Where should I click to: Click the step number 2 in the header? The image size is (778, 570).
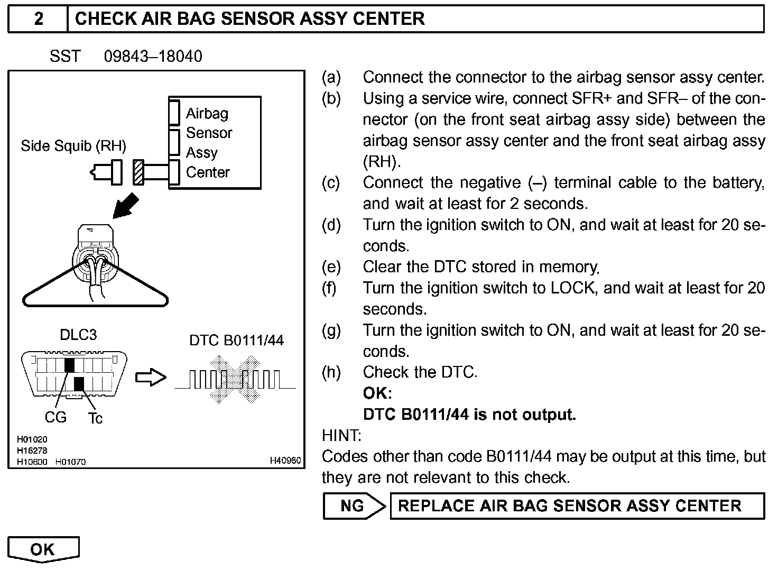[x=39, y=19]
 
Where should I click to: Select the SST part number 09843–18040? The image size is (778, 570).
[x=153, y=57]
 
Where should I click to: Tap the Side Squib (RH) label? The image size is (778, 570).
[x=73, y=146]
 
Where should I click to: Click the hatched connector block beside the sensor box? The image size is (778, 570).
[x=138, y=172]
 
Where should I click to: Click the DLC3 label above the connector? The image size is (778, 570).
[x=78, y=335]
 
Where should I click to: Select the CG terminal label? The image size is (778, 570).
[x=55, y=418]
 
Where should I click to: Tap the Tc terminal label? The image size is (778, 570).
[x=95, y=418]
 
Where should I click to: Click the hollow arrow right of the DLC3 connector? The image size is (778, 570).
[x=151, y=378]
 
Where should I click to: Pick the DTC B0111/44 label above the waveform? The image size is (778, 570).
[x=236, y=340]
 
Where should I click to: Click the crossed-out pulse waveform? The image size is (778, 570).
[x=235, y=379]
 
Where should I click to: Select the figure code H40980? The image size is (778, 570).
[x=285, y=461]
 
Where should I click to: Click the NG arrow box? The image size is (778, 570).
[x=354, y=506]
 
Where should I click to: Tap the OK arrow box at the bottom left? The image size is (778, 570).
[x=43, y=549]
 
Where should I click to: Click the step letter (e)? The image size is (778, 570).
[x=331, y=267]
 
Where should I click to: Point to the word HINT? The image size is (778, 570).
[x=341, y=436]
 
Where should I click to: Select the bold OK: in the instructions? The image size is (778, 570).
[x=377, y=393]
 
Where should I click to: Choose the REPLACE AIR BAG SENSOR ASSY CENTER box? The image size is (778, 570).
[x=577, y=506]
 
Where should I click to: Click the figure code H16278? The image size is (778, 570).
[x=32, y=451]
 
